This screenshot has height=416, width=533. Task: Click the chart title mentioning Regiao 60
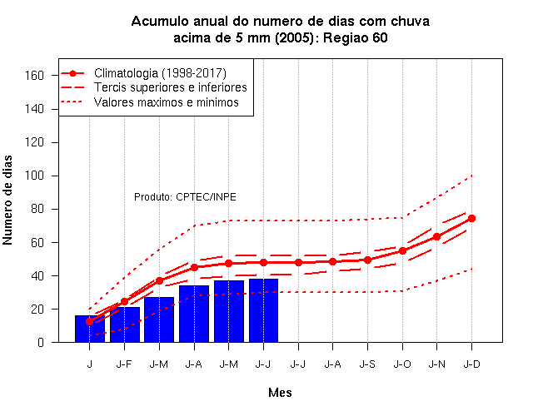(281, 30)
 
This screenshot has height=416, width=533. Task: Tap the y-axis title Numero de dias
(7, 200)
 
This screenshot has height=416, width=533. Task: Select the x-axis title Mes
(280, 393)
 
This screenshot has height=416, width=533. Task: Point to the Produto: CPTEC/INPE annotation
(185, 197)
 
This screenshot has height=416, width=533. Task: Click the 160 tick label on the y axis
(34, 76)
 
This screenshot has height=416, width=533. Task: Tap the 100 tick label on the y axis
(34, 176)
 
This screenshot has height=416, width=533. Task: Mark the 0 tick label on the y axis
(41, 342)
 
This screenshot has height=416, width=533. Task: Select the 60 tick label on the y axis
(37, 242)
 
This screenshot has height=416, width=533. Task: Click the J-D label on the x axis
(472, 364)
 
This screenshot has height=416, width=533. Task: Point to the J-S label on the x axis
(367, 364)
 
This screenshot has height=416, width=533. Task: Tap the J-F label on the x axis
(124, 364)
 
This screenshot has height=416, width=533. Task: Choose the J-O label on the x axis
(402, 364)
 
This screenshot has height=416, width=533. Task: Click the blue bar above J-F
(125, 324)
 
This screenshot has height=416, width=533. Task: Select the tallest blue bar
(263, 310)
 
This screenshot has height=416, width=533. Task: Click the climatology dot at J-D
(472, 218)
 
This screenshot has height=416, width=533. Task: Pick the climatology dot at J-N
(436, 236)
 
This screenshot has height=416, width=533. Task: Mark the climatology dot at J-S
(367, 260)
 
